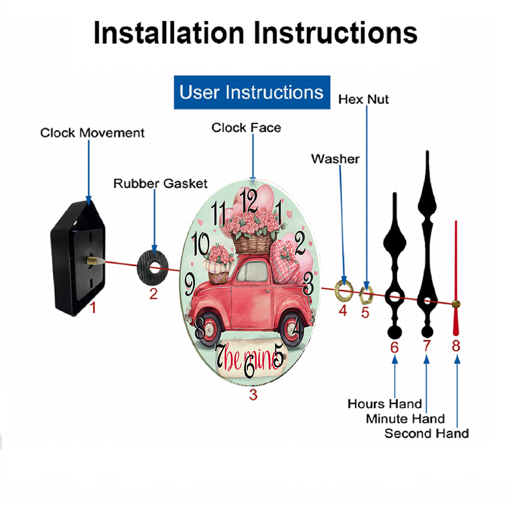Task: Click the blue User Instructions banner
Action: point(252,92)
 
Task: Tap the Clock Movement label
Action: point(92,133)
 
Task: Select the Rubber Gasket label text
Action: point(160,183)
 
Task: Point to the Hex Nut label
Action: point(363,100)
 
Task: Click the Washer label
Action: point(335,159)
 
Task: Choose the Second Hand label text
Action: point(427,433)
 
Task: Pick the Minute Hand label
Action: point(405,419)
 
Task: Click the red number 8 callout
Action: point(456,346)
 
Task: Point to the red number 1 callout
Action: point(93,307)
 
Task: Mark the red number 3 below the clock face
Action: point(253,394)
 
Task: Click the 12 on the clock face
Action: point(249,201)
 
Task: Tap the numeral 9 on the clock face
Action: point(190,285)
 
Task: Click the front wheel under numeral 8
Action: point(209,329)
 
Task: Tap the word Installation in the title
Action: point(169,33)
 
